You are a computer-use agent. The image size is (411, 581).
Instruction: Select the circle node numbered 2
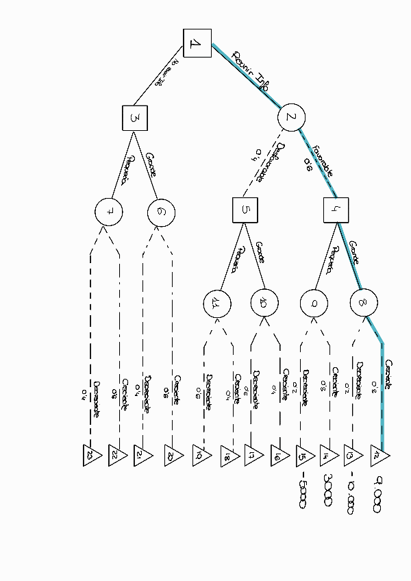tap(291, 118)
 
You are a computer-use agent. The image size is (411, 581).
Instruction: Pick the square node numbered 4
tap(336, 210)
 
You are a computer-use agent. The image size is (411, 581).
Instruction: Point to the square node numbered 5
tap(245, 210)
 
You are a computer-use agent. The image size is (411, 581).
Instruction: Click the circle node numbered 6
tap(161, 212)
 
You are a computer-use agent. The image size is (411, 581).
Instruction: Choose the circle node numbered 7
tap(109, 212)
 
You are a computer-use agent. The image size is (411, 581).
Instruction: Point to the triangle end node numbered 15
tap(303, 456)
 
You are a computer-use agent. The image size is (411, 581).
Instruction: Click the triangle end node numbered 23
tap(92, 456)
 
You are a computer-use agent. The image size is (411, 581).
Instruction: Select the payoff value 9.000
tap(377, 493)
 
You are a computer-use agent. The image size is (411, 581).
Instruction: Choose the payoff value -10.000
tap(351, 494)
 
